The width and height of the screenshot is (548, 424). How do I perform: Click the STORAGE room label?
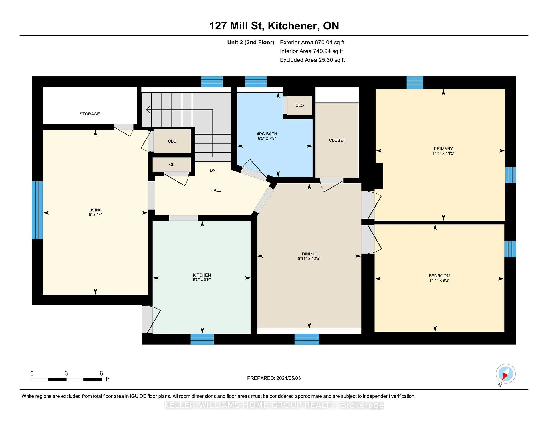click(90, 114)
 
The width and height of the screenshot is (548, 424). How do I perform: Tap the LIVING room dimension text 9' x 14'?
click(95, 215)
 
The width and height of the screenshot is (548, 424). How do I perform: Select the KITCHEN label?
click(202, 275)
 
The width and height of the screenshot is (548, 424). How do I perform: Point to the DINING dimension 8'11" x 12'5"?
click(309, 259)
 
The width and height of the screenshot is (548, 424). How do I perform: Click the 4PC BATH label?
click(267, 134)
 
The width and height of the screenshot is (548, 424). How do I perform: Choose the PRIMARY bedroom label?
click(443, 149)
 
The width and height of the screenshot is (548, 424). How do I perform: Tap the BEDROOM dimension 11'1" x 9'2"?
click(439, 281)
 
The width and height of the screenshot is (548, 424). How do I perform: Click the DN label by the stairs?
click(213, 171)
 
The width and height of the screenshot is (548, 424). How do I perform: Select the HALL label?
click(216, 190)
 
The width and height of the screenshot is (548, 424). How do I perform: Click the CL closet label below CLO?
click(172, 165)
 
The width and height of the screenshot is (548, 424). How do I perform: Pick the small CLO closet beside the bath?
click(299, 105)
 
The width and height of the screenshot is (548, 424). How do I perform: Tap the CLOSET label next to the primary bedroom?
click(337, 140)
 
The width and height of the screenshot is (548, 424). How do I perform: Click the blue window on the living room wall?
click(37, 210)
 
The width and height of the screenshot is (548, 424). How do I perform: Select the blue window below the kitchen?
click(202, 339)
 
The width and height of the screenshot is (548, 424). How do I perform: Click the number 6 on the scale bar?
click(101, 373)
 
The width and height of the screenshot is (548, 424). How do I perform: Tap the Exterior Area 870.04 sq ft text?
click(312, 43)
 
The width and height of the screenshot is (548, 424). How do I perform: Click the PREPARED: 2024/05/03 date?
click(274, 378)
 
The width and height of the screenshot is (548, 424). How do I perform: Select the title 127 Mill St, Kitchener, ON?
click(274, 26)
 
